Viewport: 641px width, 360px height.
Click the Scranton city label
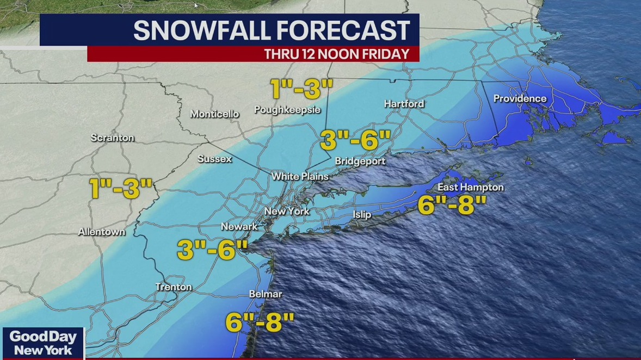112,138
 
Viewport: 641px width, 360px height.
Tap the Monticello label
214,114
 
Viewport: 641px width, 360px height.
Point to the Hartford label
404,104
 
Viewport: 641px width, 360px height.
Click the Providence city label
520,98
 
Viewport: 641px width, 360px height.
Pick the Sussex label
214,159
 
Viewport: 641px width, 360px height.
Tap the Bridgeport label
360,161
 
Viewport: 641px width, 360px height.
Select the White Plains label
300,176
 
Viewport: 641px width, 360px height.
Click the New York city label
287,211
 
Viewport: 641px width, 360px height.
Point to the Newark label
239,226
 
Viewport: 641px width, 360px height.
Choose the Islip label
362,215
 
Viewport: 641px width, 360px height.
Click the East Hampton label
471,188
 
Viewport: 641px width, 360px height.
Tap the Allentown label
102,232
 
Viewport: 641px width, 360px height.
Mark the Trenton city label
174,287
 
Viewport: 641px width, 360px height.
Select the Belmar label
266,294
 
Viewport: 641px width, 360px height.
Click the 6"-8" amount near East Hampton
452,206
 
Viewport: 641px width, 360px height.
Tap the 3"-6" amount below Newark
212,251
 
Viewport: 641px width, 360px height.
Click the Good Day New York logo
43,343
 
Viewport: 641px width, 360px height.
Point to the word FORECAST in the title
341,30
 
